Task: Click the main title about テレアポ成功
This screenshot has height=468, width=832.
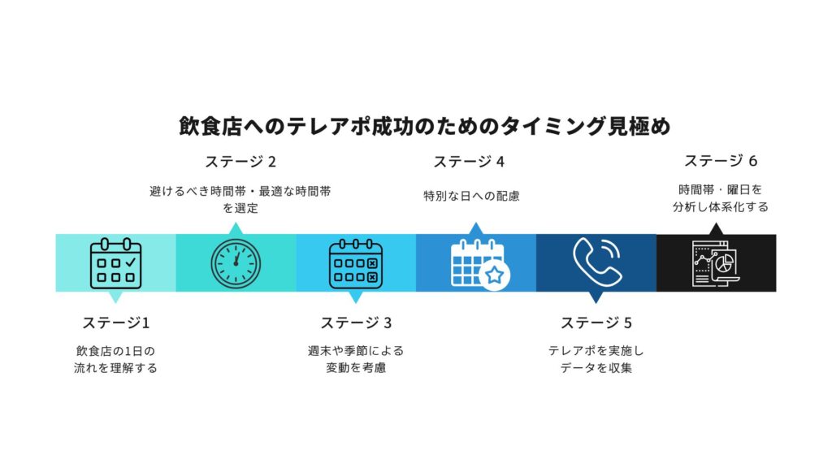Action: pyautogui.click(x=424, y=126)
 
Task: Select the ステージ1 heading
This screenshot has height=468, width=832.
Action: pyautogui.click(x=115, y=323)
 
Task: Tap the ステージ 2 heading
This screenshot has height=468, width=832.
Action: pyautogui.click(x=240, y=162)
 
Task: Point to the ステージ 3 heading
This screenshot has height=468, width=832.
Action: pyautogui.click(x=356, y=323)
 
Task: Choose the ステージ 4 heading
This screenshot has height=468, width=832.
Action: pyautogui.click(x=469, y=162)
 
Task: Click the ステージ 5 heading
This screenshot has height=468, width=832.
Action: pyautogui.click(x=596, y=323)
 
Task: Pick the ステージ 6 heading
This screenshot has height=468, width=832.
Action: pyautogui.click(x=721, y=160)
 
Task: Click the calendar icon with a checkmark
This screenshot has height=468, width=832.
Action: pyautogui.click(x=115, y=263)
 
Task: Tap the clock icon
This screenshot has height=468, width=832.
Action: pyautogui.click(x=236, y=264)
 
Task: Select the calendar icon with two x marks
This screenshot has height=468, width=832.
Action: pyautogui.click(x=356, y=264)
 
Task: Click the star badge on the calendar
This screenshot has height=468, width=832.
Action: pyautogui.click(x=495, y=275)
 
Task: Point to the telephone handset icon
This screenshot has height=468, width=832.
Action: pyautogui.click(x=597, y=262)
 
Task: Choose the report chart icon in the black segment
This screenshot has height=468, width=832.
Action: pyautogui.click(x=716, y=263)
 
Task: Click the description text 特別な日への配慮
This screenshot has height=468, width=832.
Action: pyautogui.click(x=471, y=196)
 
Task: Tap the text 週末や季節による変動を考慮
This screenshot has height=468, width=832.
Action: pyautogui.click(x=356, y=359)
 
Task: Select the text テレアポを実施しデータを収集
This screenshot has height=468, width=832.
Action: pyautogui.click(x=596, y=359)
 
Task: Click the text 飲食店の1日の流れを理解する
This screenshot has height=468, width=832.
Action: pyautogui.click(x=115, y=359)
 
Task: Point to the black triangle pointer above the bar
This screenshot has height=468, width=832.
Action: pyautogui.click(x=716, y=228)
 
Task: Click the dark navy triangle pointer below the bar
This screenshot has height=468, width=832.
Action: pyautogui.click(x=596, y=297)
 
